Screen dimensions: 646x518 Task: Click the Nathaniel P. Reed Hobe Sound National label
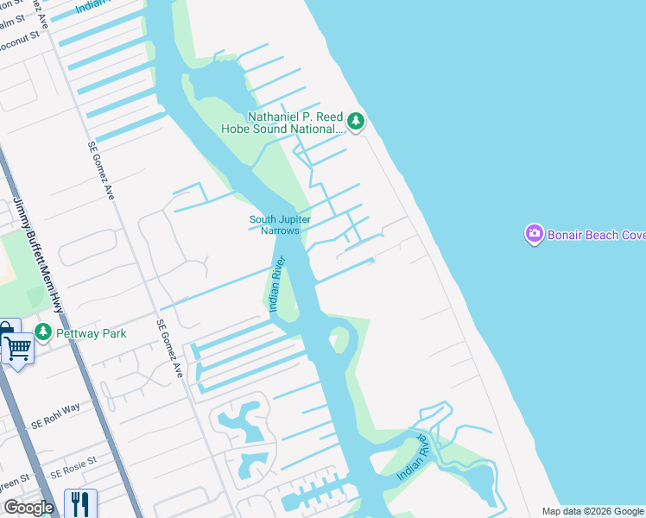tap(295, 123)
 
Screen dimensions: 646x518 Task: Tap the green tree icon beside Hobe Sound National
tap(356, 123)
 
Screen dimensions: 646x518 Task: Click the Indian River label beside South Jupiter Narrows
tap(276, 281)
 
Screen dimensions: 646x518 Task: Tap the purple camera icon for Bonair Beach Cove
tap(534, 234)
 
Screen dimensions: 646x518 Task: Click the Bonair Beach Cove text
tap(596, 235)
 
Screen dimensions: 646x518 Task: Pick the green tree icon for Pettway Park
tap(43, 332)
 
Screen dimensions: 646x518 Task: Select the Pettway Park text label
tap(92, 333)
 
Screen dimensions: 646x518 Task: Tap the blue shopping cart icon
tap(18, 349)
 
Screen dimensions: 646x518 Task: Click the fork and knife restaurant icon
tap(79, 502)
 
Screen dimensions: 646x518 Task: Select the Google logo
tap(28, 508)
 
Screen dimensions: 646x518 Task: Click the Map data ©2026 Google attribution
tap(592, 511)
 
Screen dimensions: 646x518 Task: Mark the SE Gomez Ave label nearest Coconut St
tap(102, 171)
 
